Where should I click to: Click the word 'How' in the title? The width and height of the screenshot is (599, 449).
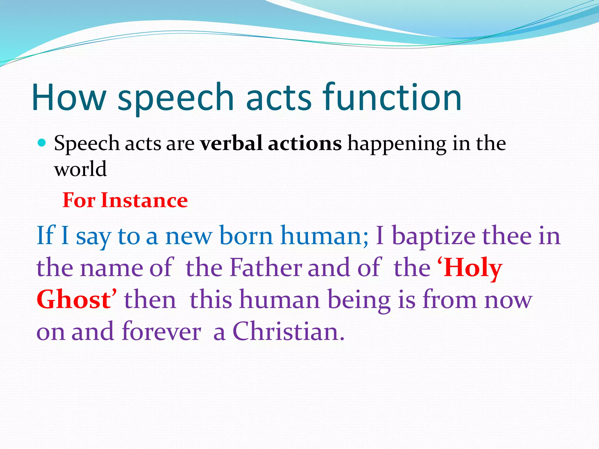tap(69, 98)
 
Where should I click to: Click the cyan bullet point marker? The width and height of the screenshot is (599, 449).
tap(42, 143)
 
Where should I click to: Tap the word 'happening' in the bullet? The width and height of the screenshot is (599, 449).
tap(397, 145)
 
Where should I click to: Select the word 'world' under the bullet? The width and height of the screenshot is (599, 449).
tap(80, 169)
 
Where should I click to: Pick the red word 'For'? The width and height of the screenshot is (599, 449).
tap(79, 201)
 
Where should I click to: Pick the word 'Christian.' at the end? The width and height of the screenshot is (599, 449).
tap(288, 332)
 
